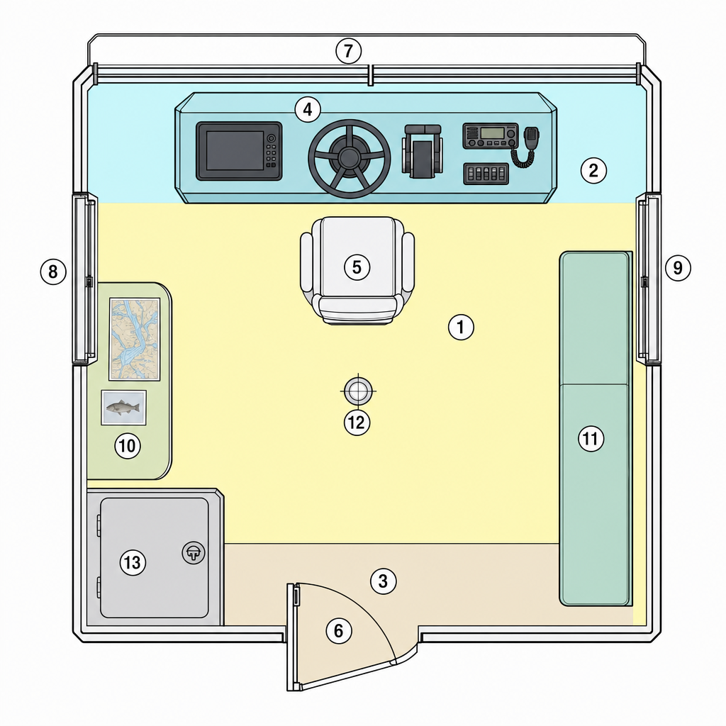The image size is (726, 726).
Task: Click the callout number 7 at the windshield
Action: point(348,51)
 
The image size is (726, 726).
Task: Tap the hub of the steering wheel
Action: point(349,158)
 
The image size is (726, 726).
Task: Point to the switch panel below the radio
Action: point(486,174)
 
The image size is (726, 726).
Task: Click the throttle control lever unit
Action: point(422,152)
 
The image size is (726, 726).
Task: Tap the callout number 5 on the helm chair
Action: point(357,267)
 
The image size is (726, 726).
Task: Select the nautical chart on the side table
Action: point(135,339)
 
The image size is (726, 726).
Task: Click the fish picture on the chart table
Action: point(123,408)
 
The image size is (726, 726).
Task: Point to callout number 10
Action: point(128,446)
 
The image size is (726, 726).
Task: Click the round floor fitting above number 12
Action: point(358,391)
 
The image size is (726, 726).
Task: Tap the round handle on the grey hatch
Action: point(194,552)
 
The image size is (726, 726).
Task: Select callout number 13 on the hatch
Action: point(133,562)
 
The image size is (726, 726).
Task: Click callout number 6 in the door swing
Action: point(339,630)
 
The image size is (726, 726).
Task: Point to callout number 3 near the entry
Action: point(384,581)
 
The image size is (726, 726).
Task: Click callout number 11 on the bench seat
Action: point(591,438)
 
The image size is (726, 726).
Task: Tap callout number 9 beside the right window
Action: point(678,268)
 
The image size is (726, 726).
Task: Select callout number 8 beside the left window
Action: point(53,272)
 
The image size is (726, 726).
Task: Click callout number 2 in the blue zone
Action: point(593,170)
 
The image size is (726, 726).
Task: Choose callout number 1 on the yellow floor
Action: point(461,328)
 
